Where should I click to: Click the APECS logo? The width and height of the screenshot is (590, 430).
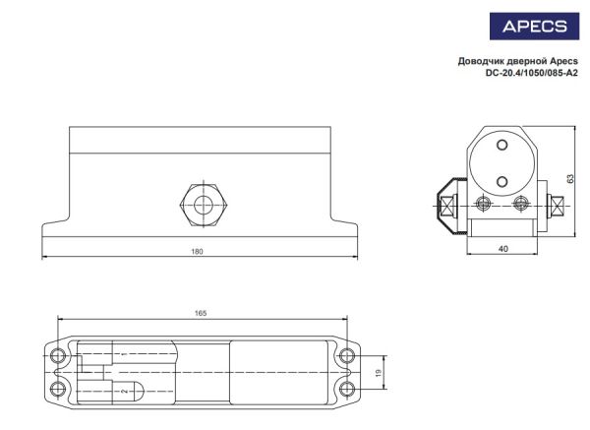(534, 27)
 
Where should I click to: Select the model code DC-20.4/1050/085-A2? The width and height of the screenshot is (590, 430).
(531, 74)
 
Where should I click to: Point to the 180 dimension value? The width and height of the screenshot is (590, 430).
(197, 252)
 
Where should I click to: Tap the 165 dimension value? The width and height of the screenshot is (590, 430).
(201, 313)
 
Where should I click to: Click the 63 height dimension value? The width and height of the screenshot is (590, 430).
(570, 178)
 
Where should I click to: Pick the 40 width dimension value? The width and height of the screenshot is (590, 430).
(503, 249)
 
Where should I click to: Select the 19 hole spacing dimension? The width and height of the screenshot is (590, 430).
(379, 373)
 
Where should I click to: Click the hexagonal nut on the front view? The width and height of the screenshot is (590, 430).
(204, 206)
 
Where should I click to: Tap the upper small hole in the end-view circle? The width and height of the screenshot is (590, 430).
(501, 145)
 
